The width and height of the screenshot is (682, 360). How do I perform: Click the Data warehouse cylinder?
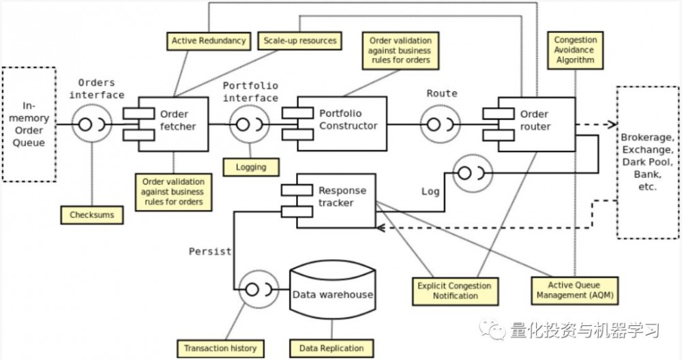click(x=332, y=295)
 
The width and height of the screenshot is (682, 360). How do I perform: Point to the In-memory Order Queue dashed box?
click(x=29, y=124)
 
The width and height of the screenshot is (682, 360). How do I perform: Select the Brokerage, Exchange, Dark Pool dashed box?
click(x=647, y=162)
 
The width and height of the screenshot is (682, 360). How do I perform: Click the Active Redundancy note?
click(x=208, y=41)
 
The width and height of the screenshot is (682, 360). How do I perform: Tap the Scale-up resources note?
click(x=299, y=41)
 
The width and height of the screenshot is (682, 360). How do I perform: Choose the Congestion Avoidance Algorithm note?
click(x=574, y=50)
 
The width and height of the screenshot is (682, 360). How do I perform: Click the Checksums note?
click(x=91, y=215)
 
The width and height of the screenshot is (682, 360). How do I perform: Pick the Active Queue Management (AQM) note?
click(x=574, y=290)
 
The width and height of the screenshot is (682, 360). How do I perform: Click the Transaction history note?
click(x=220, y=348)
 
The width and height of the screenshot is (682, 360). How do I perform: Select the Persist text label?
click(x=210, y=251)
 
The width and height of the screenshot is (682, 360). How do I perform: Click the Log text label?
click(x=430, y=192)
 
